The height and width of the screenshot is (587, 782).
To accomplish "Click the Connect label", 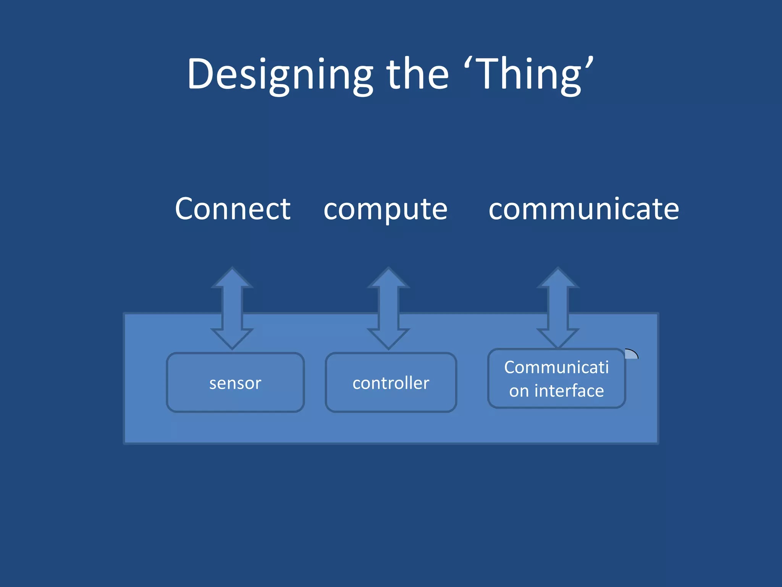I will (x=233, y=209).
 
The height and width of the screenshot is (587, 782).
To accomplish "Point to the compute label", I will (x=385, y=210).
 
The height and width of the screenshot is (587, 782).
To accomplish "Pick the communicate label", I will (x=583, y=209).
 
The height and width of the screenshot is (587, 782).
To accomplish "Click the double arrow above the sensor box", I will (x=232, y=308).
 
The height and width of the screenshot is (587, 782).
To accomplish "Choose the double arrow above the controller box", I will (x=388, y=308).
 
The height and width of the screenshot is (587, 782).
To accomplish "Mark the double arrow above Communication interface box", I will (x=558, y=308).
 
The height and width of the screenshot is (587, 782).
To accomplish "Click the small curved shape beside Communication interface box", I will (x=631, y=354).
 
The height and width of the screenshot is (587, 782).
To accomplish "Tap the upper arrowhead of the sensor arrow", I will (x=232, y=279).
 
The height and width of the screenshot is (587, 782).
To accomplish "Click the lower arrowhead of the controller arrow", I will (x=388, y=338).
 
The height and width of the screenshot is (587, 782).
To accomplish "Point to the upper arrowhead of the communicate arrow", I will (x=558, y=279).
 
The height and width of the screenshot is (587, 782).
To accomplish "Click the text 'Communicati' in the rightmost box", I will (x=556, y=367).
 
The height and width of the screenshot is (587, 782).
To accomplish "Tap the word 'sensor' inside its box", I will (x=235, y=383).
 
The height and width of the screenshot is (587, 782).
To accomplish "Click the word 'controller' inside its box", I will (x=391, y=383).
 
